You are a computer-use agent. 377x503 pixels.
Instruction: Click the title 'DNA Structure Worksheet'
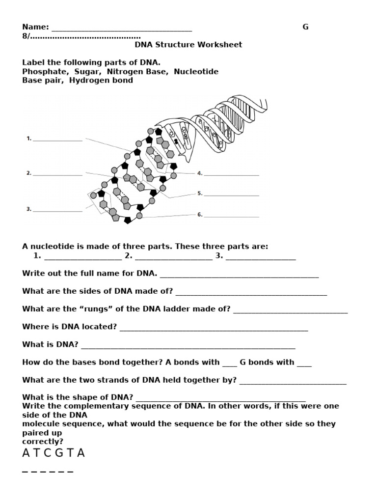click(188, 45)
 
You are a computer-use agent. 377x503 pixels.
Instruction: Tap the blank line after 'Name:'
click(121, 28)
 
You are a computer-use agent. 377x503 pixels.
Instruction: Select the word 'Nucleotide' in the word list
click(196, 72)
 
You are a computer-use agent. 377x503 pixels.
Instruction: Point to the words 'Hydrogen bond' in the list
click(101, 81)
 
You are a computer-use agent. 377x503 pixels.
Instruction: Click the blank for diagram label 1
click(57, 140)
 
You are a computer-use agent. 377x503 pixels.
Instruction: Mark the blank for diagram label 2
click(57, 174)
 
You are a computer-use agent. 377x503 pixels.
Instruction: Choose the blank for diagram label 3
click(57, 210)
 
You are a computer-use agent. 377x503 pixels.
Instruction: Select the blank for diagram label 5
click(231, 195)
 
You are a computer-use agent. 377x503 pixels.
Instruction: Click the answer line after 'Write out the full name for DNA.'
click(239, 275)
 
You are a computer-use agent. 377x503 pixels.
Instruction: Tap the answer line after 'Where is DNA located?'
click(214, 328)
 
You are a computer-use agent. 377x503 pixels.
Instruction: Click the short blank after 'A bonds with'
click(229, 364)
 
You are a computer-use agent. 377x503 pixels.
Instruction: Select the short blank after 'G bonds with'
click(304, 364)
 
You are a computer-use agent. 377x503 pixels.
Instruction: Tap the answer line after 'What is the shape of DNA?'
click(220, 399)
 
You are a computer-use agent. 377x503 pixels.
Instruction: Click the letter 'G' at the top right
click(305, 27)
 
